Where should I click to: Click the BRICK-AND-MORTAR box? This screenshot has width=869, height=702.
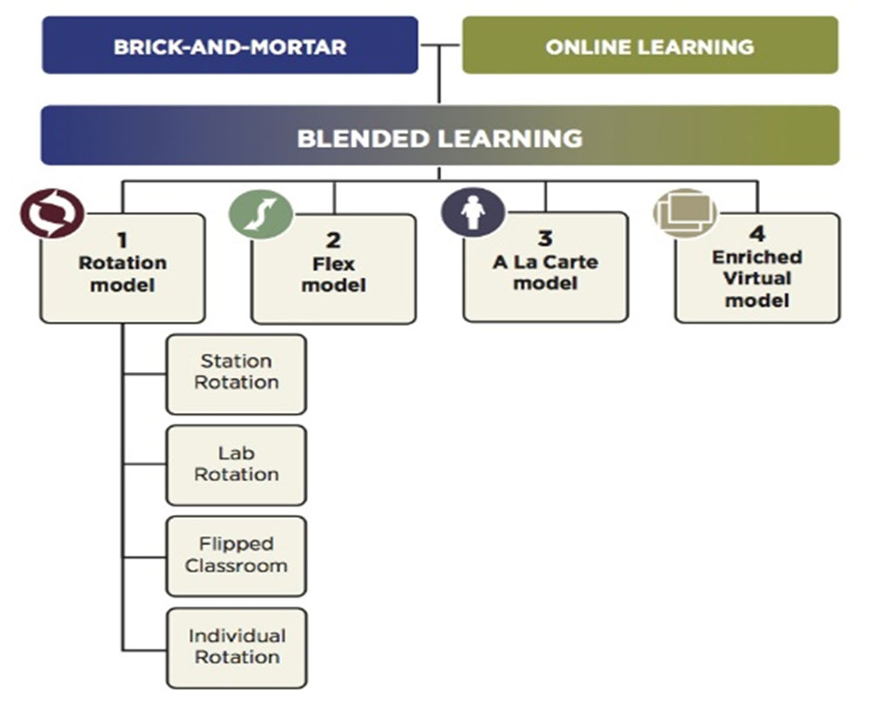click(x=230, y=45)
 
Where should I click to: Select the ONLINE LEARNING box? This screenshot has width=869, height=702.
click(x=650, y=45)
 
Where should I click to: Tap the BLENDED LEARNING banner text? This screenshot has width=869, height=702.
click(x=440, y=138)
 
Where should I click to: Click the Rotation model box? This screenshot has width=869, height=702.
click(x=122, y=268)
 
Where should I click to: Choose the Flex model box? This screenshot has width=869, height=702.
click(x=333, y=269)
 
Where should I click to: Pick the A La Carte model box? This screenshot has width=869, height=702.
click(x=545, y=267)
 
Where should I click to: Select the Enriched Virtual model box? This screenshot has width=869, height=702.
click(x=757, y=268)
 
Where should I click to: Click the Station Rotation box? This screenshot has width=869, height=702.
click(x=236, y=375)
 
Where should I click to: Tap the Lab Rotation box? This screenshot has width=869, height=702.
click(x=236, y=465)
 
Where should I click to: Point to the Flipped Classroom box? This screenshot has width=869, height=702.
click(x=236, y=556)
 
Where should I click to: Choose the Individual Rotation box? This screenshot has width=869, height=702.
click(x=236, y=648)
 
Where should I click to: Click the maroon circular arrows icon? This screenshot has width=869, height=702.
click(x=52, y=214)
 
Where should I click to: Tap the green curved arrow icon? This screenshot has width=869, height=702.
click(x=261, y=215)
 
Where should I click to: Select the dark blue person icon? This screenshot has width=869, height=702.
click(x=473, y=212)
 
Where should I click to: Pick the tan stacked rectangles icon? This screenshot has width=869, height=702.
click(x=685, y=213)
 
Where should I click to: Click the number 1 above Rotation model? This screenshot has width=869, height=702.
click(x=122, y=240)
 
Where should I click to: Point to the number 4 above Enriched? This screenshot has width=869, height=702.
click(x=757, y=233)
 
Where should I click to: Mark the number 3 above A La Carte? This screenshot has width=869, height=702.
click(x=545, y=237)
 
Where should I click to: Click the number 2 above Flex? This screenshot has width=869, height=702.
click(x=333, y=240)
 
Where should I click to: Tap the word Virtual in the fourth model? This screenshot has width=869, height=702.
click(x=757, y=279)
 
